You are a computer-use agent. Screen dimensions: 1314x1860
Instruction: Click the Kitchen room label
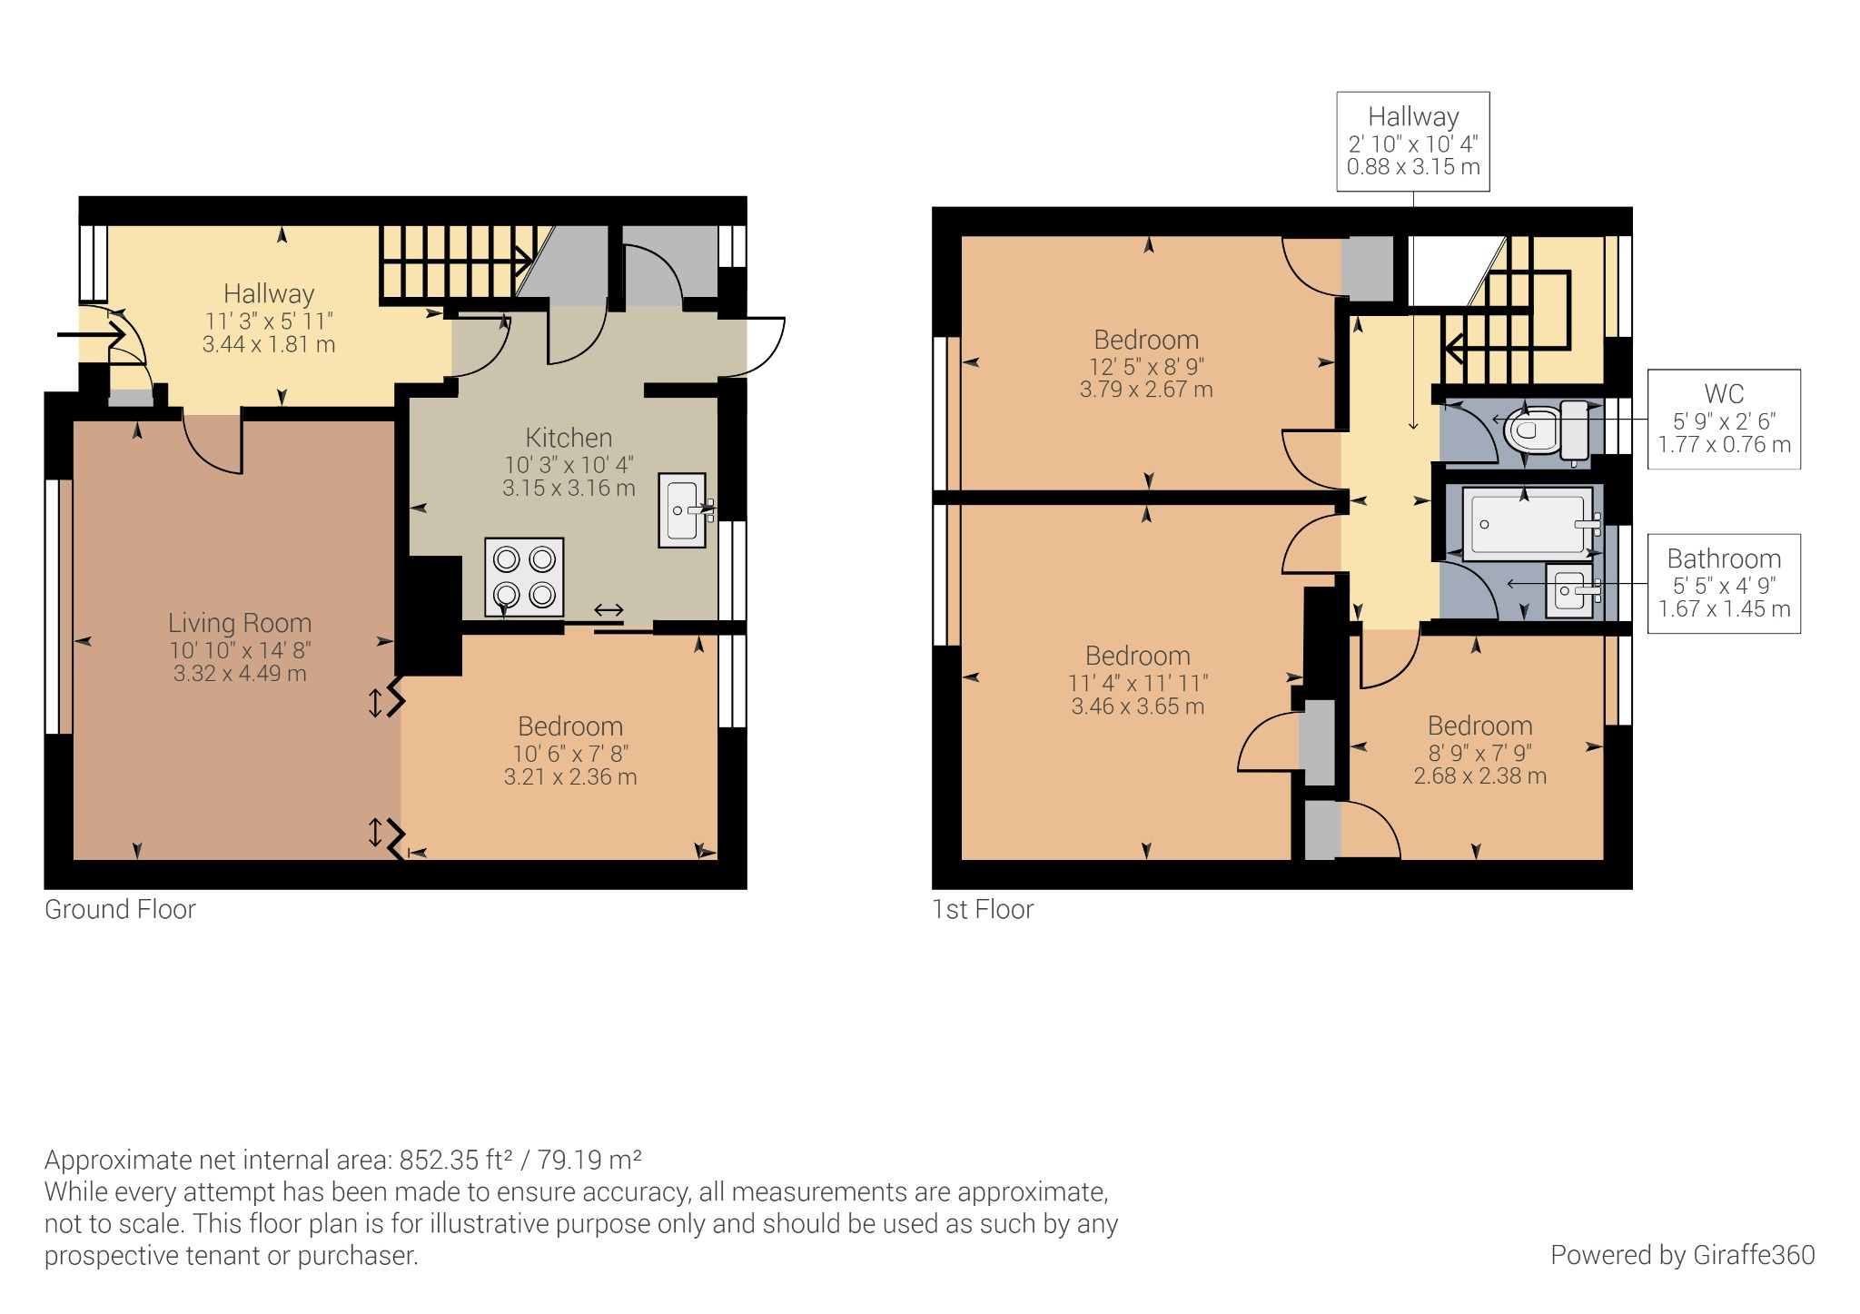tap(569, 438)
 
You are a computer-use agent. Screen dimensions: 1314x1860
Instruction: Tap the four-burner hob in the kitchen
tap(524, 578)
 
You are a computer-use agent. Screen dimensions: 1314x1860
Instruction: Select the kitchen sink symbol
tap(682, 510)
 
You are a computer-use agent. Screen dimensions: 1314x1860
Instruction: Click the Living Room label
tap(240, 623)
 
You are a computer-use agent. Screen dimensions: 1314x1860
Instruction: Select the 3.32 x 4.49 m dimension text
tap(240, 674)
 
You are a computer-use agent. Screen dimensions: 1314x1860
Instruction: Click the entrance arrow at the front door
tap(91, 335)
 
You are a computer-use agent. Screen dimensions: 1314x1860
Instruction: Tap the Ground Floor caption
tap(120, 909)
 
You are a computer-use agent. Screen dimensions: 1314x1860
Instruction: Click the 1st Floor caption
tap(983, 909)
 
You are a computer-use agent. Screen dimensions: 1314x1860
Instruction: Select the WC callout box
tap(1723, 419)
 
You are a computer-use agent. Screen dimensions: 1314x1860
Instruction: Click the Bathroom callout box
tap(1723, 583)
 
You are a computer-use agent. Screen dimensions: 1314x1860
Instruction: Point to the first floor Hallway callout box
tap(1412, 141)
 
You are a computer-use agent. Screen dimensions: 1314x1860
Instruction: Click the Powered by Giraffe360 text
tap(1682, 1255)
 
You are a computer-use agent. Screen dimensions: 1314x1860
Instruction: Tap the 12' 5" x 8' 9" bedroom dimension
tap(1146, 367)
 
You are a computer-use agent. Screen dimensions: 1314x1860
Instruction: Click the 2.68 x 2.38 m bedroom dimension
tap(1479, 776)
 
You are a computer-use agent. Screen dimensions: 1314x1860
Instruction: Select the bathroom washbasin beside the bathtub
tap(1569, 591)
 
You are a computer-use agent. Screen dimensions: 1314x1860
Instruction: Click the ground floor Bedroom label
tap(570, 726)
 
